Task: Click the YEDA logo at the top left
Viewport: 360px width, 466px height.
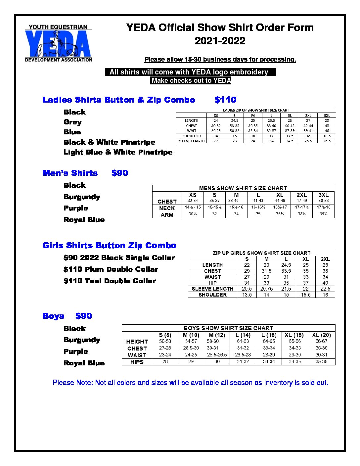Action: [x=58, y=43]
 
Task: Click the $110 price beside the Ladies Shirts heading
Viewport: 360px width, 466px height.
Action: [x=225, y=100]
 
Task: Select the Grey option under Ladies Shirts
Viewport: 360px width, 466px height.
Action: [x=72, y=122]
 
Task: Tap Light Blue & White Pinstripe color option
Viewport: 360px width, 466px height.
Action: [x=118, y=152]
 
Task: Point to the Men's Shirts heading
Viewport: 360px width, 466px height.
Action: [x=70, y=173]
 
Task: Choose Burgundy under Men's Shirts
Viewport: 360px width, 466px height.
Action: [x=82, y=197]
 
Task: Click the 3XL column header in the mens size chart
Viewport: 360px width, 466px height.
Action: [x=323, y=195]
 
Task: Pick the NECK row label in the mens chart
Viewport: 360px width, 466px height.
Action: [x=167, y=208]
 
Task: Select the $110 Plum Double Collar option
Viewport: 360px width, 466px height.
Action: [x=111, y=269]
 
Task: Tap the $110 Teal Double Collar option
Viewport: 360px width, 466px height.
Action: [x=110, y=281]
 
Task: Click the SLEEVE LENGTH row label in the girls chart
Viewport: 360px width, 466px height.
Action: [x=212, y=289]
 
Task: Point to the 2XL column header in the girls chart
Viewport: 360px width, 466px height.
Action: [x=325, y=259]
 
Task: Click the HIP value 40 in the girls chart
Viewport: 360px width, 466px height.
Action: [x=325, y=283]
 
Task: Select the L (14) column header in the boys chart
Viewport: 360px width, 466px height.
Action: [x=243, y=335]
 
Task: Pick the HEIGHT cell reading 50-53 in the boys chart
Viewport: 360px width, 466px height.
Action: [x=165, y=341]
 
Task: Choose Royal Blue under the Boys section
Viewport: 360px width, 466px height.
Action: [x=84, y=363]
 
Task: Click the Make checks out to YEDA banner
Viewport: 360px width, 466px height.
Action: [x=191, y=80]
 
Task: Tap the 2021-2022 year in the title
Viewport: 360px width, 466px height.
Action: [x=220, y=41]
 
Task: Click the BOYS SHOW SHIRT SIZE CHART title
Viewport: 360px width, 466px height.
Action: [x=228, y=328]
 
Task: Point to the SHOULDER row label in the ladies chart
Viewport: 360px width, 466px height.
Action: [x=192, y=136]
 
